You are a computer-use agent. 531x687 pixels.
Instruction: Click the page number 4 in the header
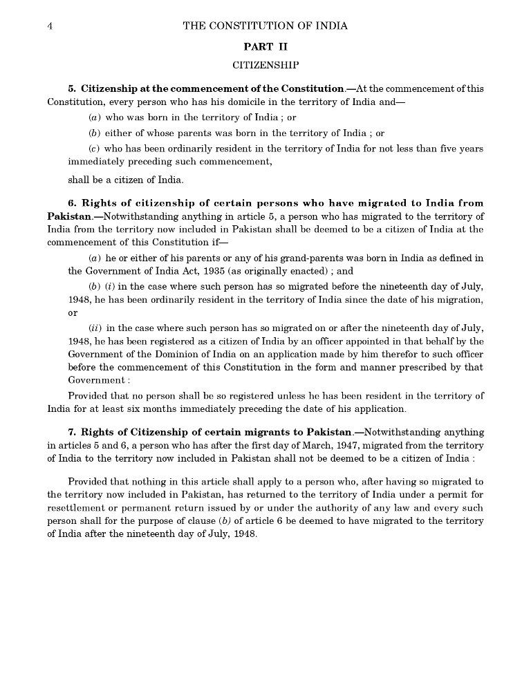(x=50, y=26)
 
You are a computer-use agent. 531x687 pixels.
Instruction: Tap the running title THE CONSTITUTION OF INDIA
(x=265, y=26)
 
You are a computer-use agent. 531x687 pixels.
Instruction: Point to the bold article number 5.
(x=71, y=89)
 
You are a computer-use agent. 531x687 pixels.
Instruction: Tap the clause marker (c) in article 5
(x=95, y=149)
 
